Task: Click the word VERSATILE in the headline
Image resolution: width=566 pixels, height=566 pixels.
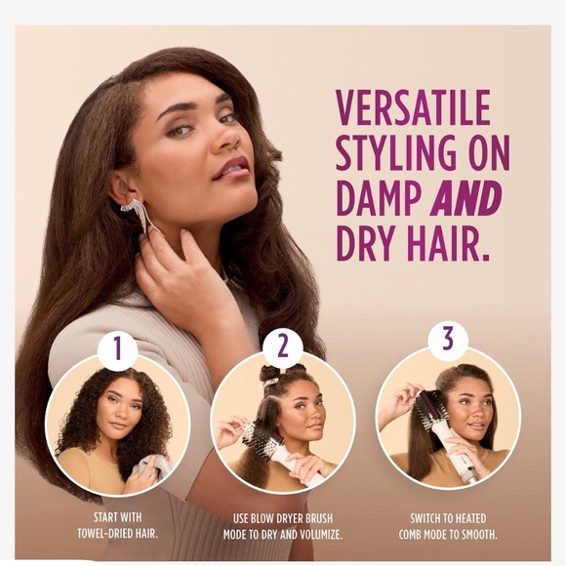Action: tap(413, 107)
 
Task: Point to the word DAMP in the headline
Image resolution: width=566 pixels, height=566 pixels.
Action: tap(380, 198)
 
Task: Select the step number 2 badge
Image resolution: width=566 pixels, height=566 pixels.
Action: tap(283, 345)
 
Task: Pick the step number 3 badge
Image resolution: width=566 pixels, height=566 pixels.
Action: tap(448, 340)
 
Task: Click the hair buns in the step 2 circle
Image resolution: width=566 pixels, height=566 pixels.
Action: tap(277, 376)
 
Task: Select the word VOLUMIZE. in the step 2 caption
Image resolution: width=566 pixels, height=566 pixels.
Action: tap(320, 535)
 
